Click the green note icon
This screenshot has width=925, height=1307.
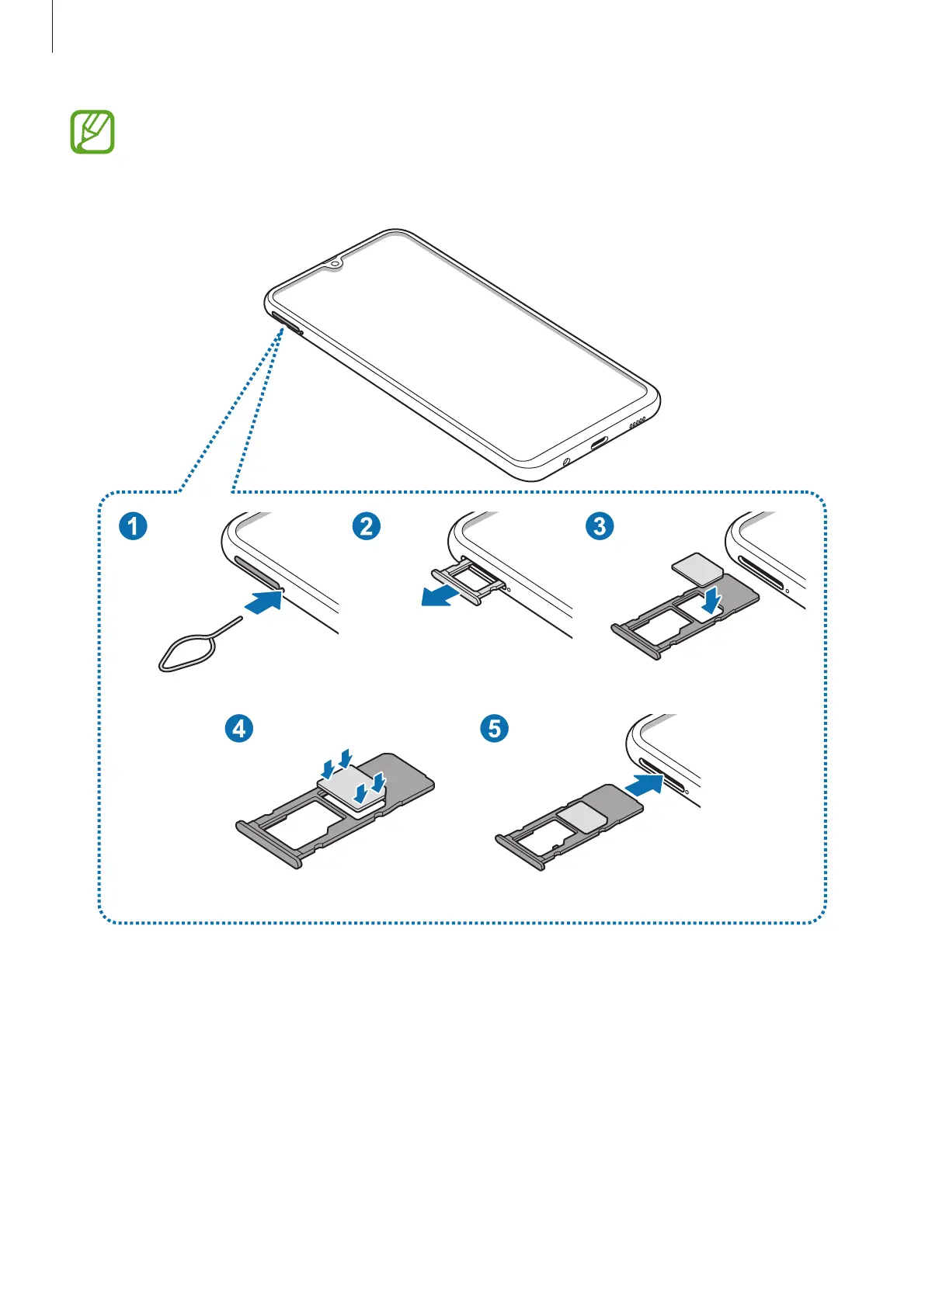point(92,132)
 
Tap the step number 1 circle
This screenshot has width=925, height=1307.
point(133,526)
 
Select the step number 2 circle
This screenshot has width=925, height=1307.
point(366,526)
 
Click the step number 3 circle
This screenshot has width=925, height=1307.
point(599,526)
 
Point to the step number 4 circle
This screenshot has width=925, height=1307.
point(239,728)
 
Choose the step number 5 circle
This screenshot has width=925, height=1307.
point(495,728)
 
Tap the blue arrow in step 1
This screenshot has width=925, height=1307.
point(261,601)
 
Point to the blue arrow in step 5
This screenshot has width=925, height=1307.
point(644,783)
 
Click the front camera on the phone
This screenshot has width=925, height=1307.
point(335,263)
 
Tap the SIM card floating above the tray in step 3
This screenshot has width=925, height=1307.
point(699,567)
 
